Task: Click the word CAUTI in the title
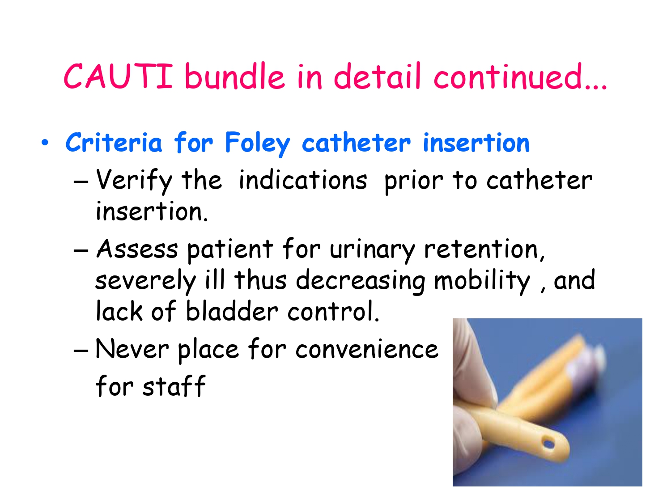[118, 76]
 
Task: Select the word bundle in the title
[234, 76]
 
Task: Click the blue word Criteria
[114, 143]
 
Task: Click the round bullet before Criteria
[45, 143]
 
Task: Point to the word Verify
[134, 181]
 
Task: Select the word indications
[303, 181]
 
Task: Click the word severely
[145, 281]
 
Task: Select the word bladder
[231, 312]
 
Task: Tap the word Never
[132, 349]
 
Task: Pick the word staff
[174, 386]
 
